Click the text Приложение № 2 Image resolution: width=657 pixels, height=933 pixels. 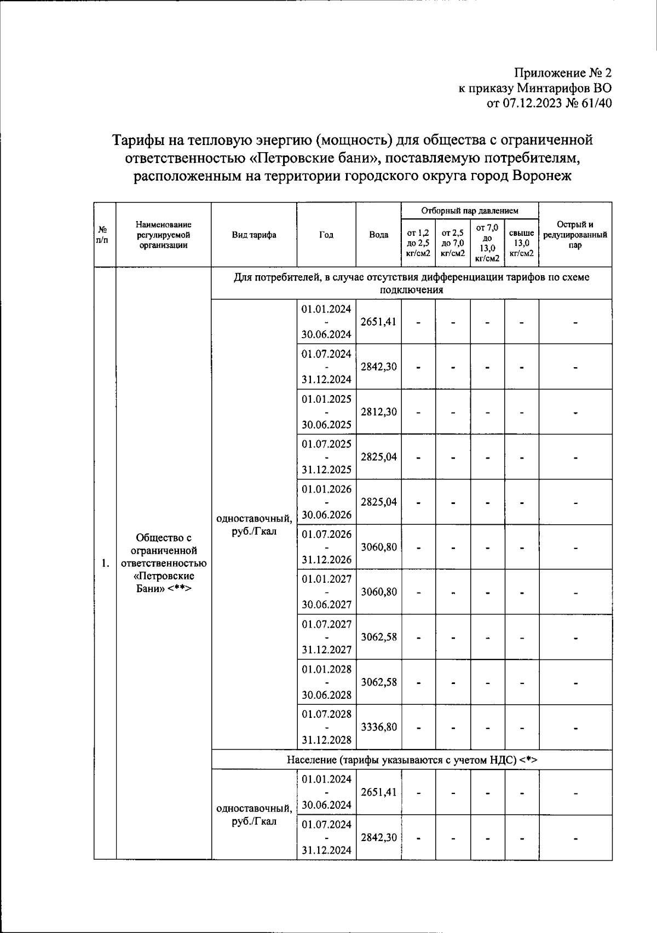coord(562,73)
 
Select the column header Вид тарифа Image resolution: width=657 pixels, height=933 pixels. coord(254,235)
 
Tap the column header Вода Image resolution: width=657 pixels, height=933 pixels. coord(378,235)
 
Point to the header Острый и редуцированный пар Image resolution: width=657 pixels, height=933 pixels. coord(575,235)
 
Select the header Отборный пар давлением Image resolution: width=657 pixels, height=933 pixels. coord(469,211)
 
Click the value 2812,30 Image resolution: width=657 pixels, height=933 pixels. coord(378,412)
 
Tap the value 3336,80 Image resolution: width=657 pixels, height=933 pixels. coord(378,727)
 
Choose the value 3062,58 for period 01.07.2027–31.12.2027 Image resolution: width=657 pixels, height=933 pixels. coord(378,637)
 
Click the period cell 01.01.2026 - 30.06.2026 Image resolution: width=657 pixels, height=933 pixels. coord(326,502)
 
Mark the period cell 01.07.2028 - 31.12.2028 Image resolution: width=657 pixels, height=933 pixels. coord(326,727)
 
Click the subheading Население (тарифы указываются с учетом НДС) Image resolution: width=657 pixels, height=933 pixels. coord(412,760)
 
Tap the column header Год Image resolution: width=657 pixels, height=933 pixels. coord(326,235)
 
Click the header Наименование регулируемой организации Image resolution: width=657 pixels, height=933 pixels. coord(164,235)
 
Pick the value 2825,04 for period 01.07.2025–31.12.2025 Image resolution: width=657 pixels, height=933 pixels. coord(378,457)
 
